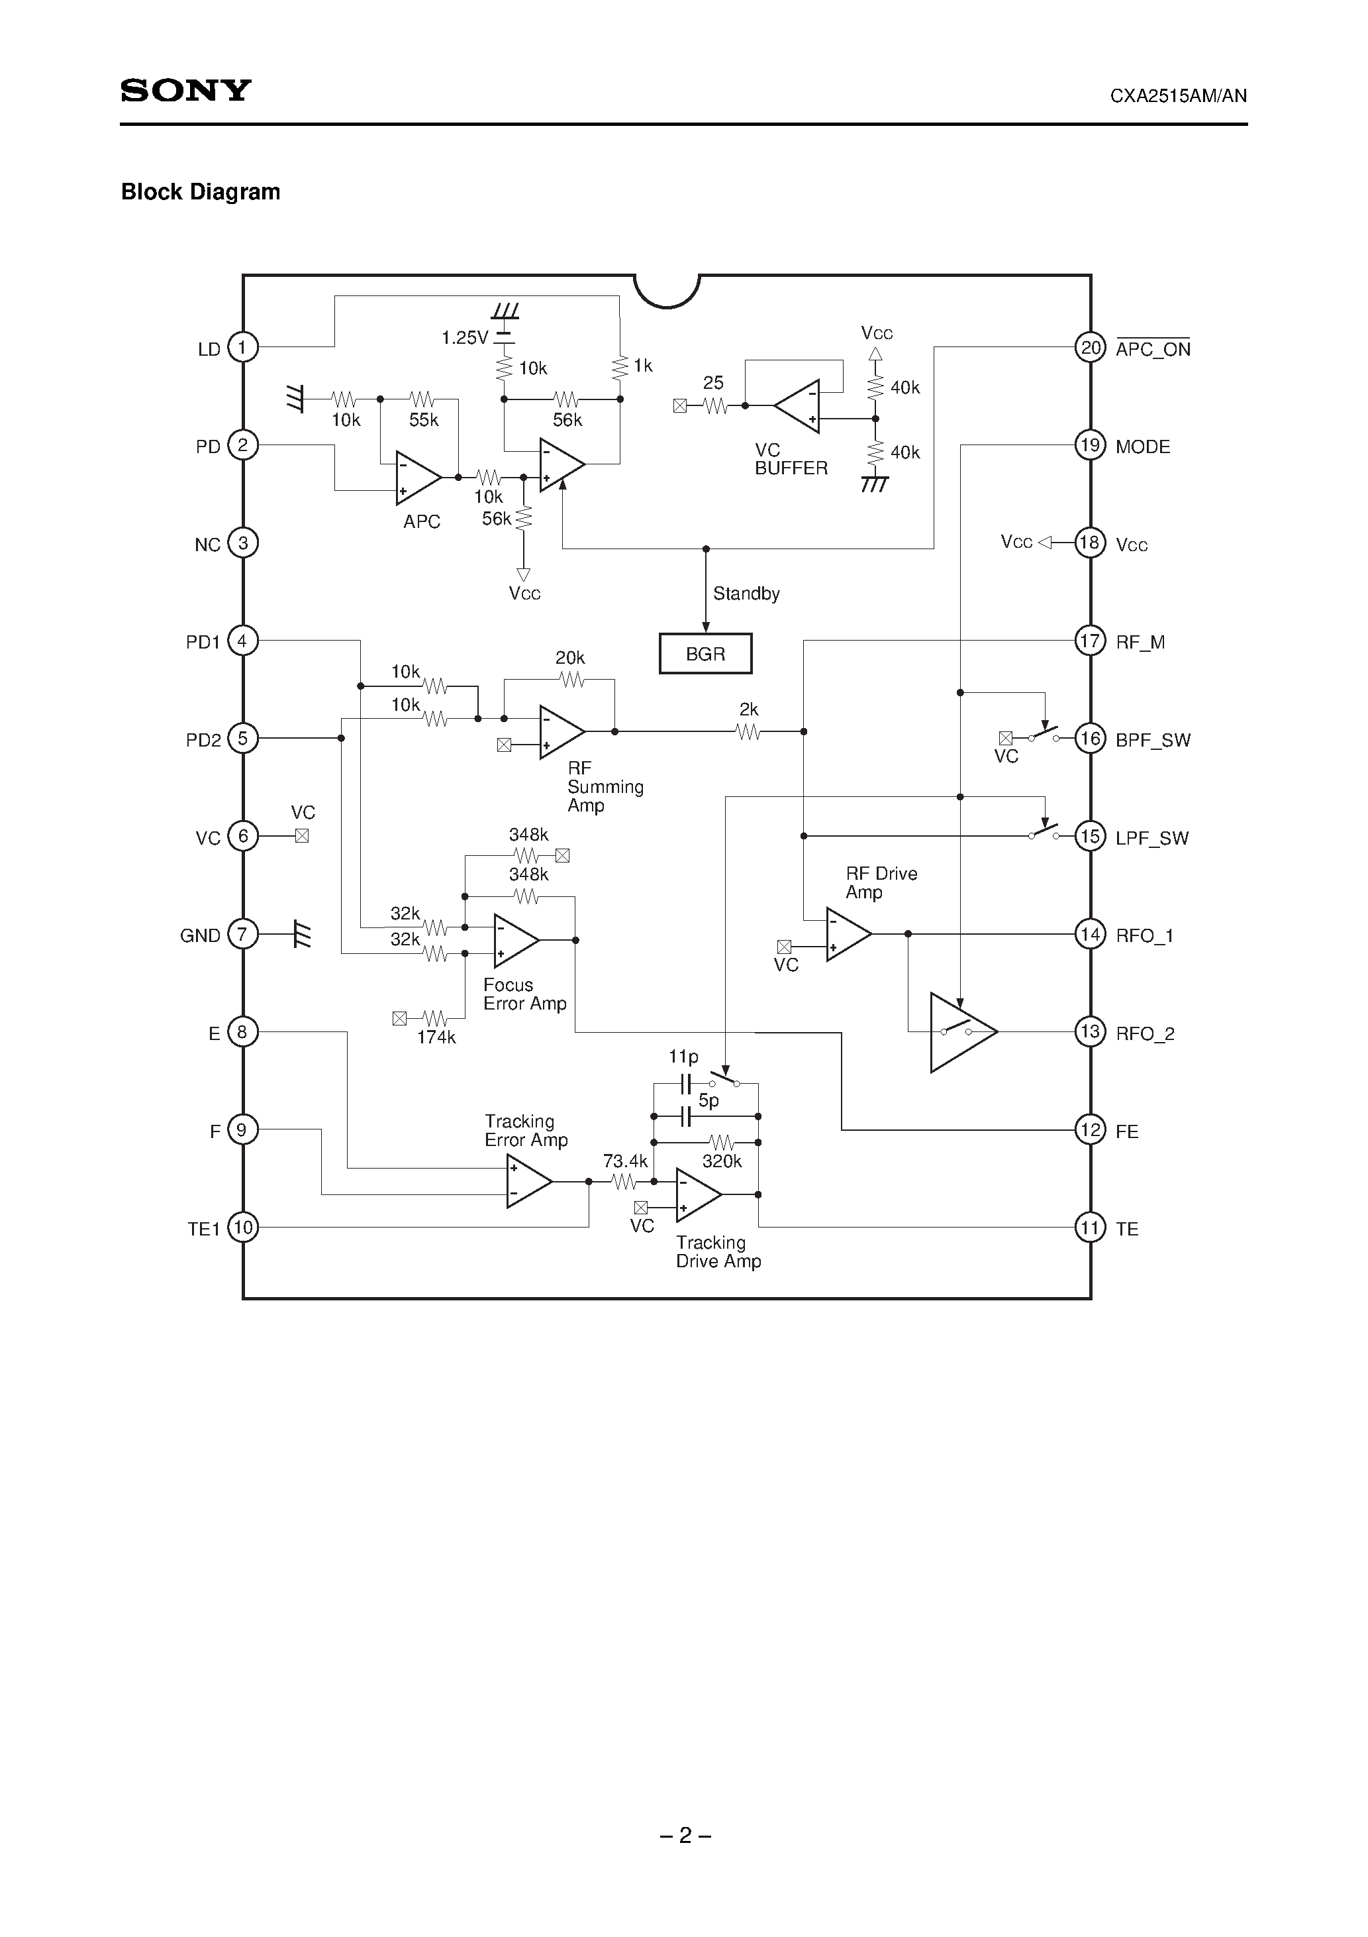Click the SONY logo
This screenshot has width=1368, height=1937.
point(185,90)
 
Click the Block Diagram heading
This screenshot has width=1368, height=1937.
point(201,192)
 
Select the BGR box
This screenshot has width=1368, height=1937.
point(705,654)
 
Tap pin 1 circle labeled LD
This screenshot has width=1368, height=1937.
point(243,346)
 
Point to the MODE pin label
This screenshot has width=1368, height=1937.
point(1142,447)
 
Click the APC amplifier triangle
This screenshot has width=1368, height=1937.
point(416,478)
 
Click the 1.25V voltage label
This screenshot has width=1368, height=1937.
point(464,339)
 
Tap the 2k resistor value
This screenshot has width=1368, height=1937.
point(748,709)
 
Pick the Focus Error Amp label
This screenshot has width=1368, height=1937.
point(524,994)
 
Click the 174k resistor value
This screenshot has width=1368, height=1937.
point(436,1037)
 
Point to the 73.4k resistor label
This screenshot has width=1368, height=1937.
point(625,1161)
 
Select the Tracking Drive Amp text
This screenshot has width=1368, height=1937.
point(718,1252)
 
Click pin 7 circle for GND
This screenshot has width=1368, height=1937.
point(243,934)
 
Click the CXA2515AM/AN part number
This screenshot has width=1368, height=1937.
point(1177,96)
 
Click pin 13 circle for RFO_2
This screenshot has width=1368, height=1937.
point(1090,1032)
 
